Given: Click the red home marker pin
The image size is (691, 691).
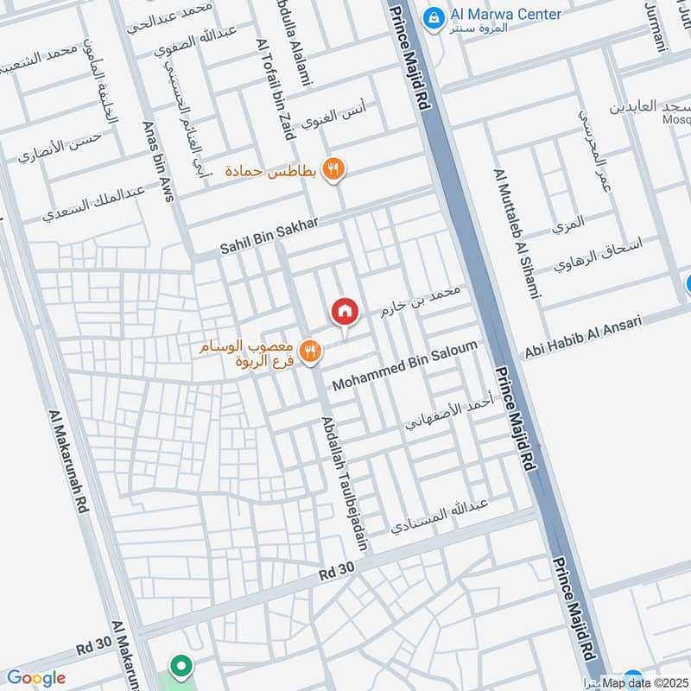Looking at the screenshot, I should [x=344, y=312].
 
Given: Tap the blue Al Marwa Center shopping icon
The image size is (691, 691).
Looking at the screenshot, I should [x=433, y=16].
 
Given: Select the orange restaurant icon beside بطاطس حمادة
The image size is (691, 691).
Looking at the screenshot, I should [x=333, y=168].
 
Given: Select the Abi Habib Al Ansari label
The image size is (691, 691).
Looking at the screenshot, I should [x=583, y=336].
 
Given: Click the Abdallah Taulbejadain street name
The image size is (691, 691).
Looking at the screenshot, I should [x=345, y=484].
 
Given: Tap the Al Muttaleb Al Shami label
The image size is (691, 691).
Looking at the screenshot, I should [x=517, y=234].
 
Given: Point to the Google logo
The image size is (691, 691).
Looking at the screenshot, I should [x=35, y=678].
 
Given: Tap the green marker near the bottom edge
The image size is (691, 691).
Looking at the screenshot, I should [x=181, y=666].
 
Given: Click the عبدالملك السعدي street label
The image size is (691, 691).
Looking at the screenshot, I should [x=94, y=204].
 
